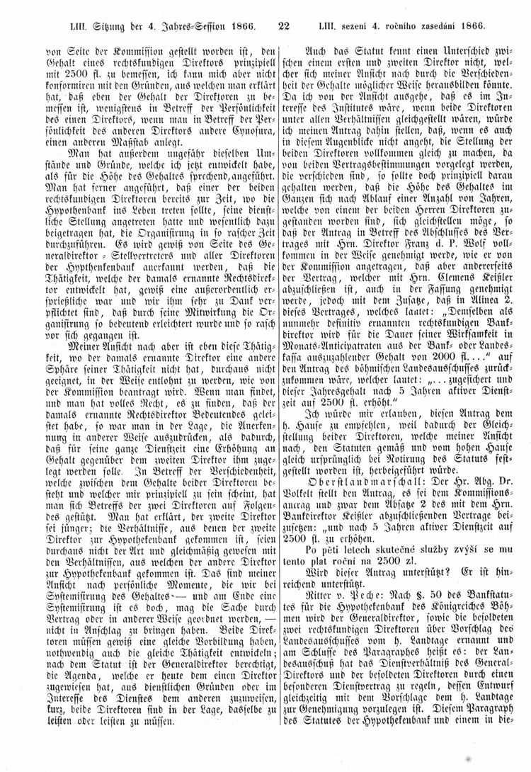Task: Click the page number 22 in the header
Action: [x=284, y=26]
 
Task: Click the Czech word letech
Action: [x=346, y=529]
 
